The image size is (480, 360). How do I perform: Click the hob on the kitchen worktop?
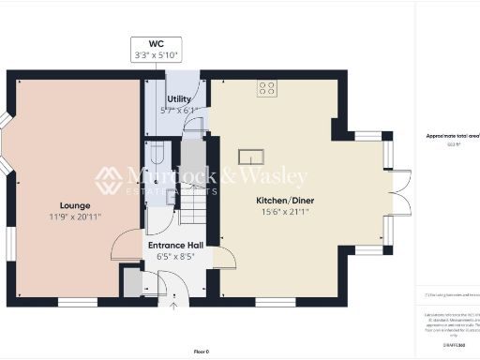267,89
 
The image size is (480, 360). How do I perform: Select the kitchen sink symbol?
251,156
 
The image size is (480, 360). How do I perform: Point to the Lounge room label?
75,204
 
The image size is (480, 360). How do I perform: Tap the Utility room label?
179,98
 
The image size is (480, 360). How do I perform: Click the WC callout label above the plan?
156,43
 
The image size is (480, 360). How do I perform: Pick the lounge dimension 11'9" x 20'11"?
75,217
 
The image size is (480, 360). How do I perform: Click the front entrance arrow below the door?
172,305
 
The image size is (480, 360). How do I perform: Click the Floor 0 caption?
202,351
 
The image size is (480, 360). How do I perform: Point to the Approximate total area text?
453,136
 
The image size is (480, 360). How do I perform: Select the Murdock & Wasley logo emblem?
108,179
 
